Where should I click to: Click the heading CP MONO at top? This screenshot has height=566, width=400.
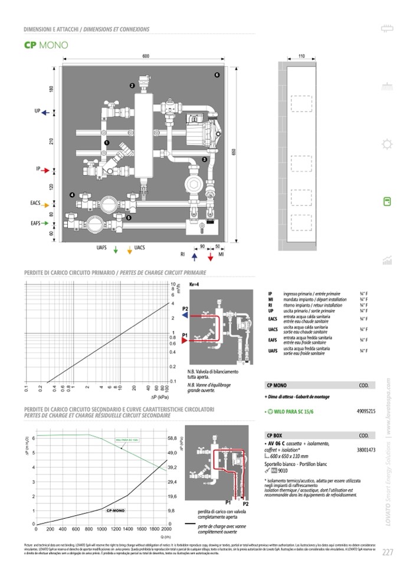coord(46,45)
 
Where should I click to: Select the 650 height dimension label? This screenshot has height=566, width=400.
coord(234,152)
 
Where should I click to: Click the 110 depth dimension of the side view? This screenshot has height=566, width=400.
coord(301,55)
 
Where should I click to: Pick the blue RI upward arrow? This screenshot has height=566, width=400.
coord(194,255)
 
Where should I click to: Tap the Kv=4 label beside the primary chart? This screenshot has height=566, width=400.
coord(194,284)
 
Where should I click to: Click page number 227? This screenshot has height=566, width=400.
coord(388,552)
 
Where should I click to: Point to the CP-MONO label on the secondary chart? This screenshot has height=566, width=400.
coord(115,509)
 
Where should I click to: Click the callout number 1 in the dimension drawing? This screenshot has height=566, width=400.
coord(107,143)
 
